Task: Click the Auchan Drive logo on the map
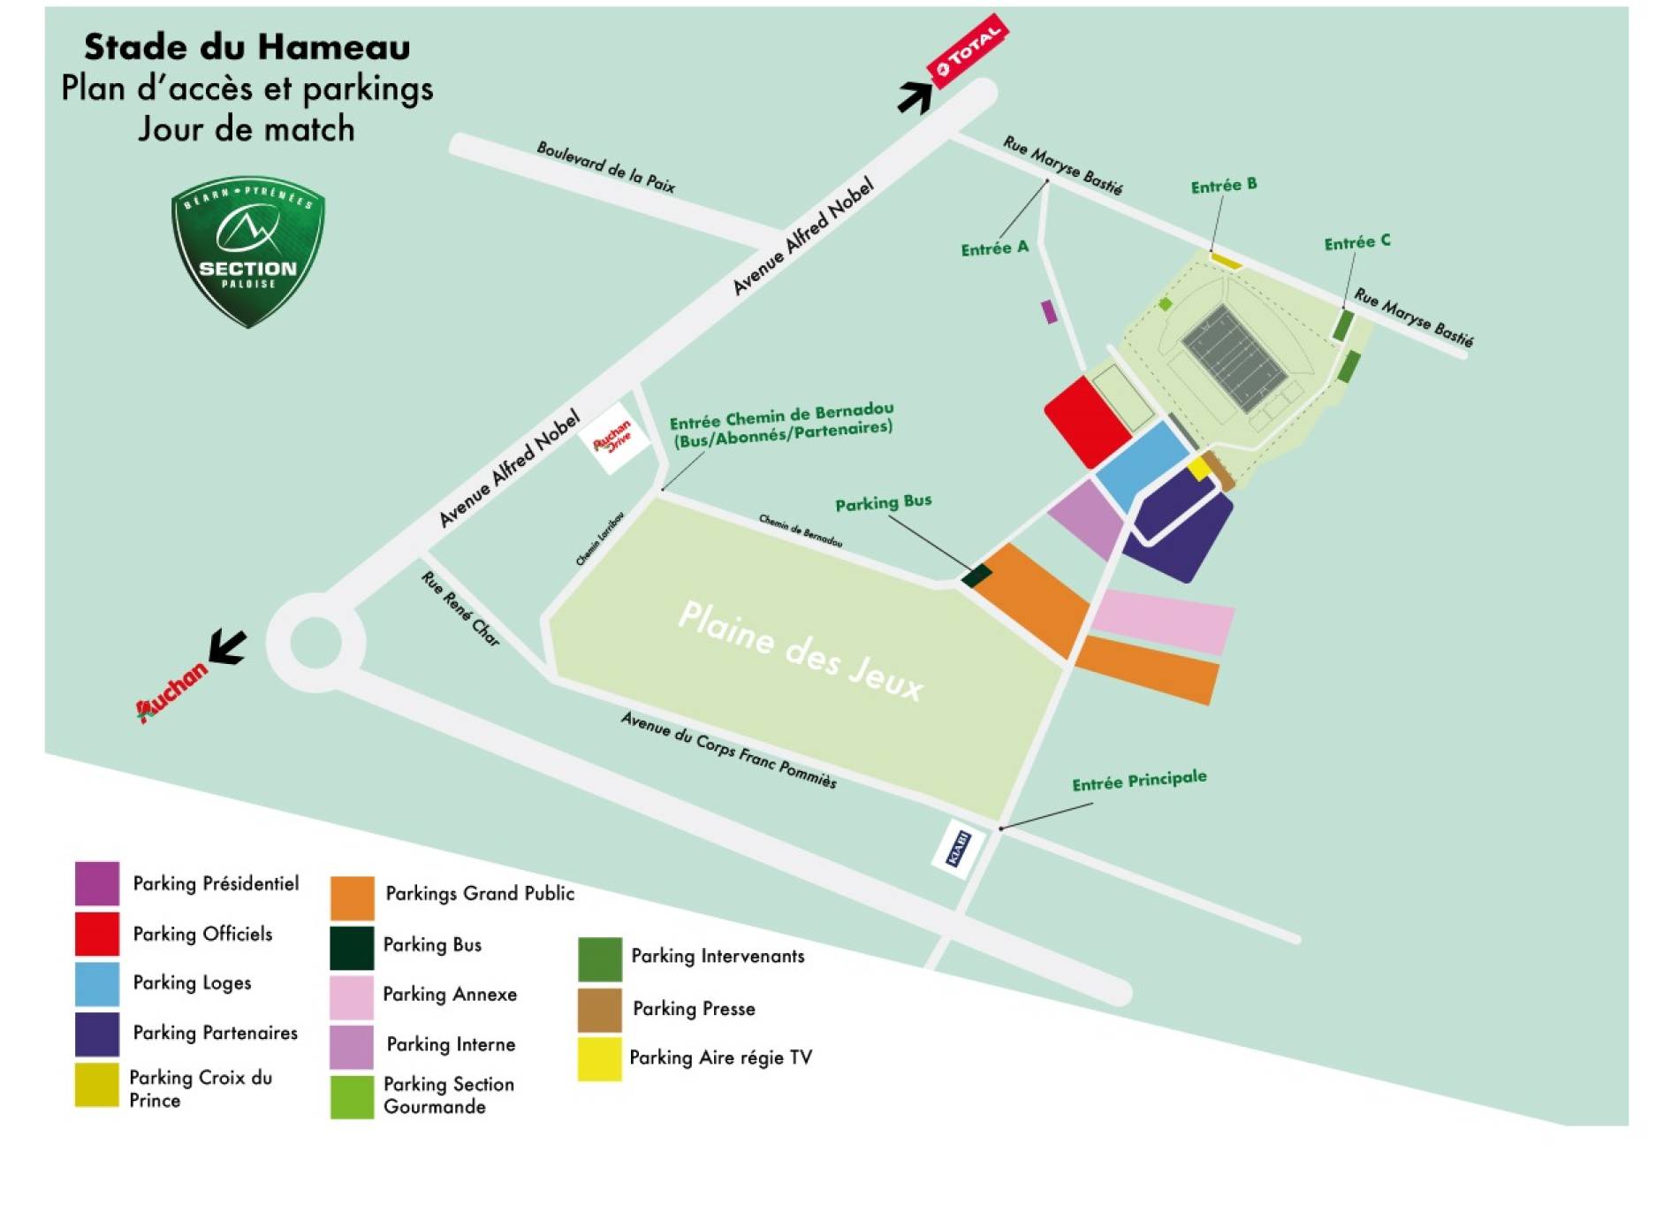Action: (613, 437)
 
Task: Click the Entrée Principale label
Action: (1139, 781)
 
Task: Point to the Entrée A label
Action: (995, 248)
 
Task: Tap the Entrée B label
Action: (1223, 186)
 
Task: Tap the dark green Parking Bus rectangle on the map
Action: (976, 576)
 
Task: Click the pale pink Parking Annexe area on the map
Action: (1163, 621)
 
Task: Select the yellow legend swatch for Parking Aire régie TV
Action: (599, 1059)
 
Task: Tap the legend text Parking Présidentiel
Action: (216, 884)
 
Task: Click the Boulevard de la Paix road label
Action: (606, 167)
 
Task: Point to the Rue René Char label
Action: (460, 608)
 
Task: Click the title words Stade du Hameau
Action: (247, 47)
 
